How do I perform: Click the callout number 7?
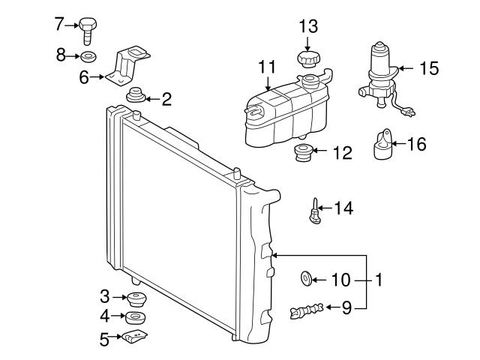[x=59, y=23]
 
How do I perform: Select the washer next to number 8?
[x=88, y=56]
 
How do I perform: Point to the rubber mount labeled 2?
[x=136, y=97]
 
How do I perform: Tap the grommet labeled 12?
[x=301, y=154]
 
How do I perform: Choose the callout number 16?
[x=415, y=144]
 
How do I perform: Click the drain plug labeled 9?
[x=307, y=309]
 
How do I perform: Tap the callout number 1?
[x=379, y=280]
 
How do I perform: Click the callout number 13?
[x=308, y=26]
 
